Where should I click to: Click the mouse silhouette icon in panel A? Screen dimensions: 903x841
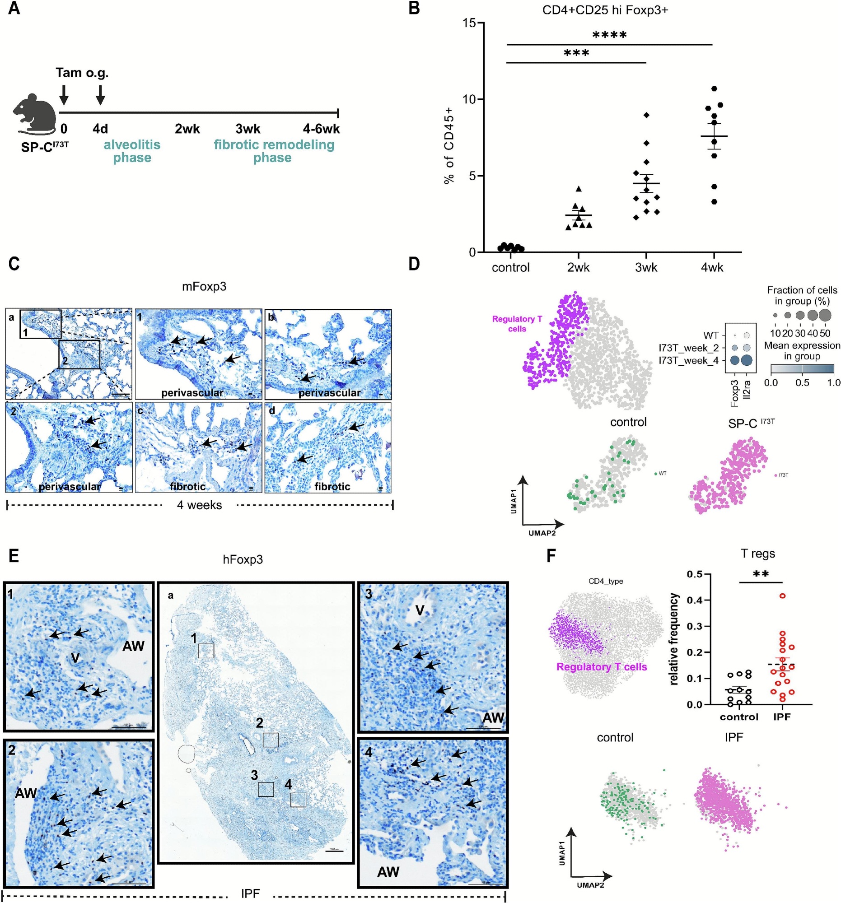pyautogui.click(x=34, y=114)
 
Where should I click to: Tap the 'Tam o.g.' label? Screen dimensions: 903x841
pyautogui.click(x=82, y=73)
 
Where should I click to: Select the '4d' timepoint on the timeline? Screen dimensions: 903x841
pyautogui.click(x=100, y=129)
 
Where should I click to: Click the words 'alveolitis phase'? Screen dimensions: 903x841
pyautogui.click(x=132, y=151)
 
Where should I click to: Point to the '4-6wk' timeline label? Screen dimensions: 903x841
pyautogui.click(x=321, y=129)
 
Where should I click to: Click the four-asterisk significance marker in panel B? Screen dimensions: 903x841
pyautogui.click(x=609, y=35)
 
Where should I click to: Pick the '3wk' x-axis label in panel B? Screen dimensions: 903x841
pyautogui.click(x=645, y=267)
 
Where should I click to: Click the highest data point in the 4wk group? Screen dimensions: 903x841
pyautogui.click(x=714, y=88)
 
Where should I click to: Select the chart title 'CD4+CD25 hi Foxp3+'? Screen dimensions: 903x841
pyautogui.click(x=605, y=10)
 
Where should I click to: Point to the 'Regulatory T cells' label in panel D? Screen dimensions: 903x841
pyautogui.click(x=517, y=324)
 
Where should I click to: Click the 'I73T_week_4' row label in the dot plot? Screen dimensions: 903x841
pyautogui.click(x=688, y=361)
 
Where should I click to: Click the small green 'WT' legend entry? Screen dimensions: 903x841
pyautogui.click(x=660, y=473)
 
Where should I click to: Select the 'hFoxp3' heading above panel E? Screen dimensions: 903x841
pyautogui.click(x=243, y=559)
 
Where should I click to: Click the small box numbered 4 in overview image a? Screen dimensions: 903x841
pyautogui.click(x=298, y=800)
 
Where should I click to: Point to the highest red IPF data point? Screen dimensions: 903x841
pyautogui.click(x=782, y=596)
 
